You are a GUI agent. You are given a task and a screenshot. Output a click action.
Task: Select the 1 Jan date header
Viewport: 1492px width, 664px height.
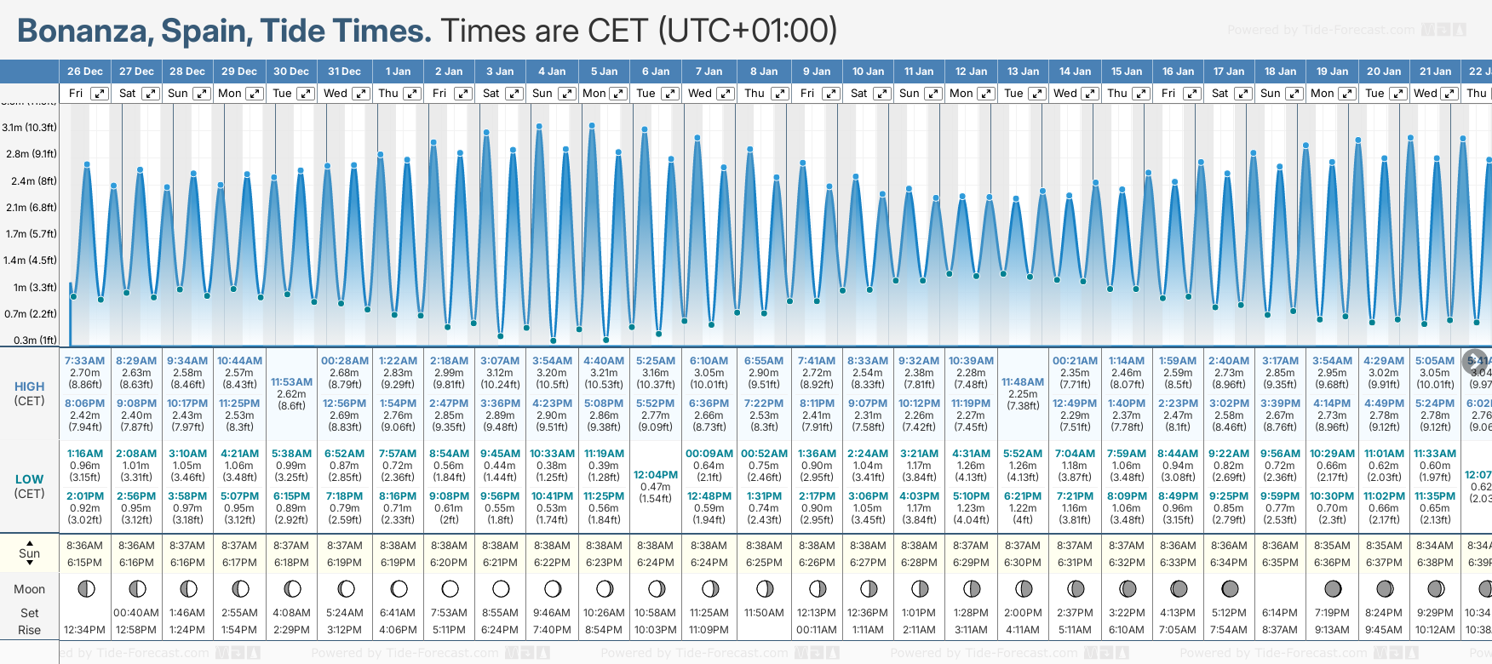click(398, 72)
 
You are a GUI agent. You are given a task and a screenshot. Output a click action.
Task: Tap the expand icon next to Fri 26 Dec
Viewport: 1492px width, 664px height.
click(100, 94)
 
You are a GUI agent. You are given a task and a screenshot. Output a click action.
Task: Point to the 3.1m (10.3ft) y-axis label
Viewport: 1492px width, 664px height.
click(29, 128)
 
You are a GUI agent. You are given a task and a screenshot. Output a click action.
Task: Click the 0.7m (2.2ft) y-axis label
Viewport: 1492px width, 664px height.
click(29, 314)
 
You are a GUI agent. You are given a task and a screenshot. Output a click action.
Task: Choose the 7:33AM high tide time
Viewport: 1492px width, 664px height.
click(84, 361)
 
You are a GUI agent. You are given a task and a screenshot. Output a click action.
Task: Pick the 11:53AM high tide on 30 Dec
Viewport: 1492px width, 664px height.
click(291, 382)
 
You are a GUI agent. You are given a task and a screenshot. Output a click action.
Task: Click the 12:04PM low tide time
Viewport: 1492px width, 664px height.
click(656, 475)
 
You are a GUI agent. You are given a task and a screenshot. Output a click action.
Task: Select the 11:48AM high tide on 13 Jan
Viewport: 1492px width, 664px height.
click(1023, 382)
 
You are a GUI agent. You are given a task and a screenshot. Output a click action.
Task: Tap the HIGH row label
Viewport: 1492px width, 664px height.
click(29, 386)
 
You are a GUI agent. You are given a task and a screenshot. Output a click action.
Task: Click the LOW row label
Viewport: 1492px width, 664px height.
click(29, 479)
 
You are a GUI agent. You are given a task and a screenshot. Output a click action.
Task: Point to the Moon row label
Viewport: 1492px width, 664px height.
click(29, 589)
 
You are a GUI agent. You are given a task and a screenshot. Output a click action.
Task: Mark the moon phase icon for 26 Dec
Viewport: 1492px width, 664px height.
click(85, 588)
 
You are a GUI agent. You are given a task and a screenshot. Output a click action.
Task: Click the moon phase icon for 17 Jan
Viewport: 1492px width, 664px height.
click(1229, 588)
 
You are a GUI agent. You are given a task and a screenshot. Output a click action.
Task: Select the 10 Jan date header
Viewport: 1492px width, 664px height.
click(868, 72)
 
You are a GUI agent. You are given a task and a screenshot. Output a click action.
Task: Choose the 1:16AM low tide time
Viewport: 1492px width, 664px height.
click(84, 454)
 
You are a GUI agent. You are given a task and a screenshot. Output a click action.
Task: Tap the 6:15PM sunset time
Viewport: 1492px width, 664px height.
click(84, 563)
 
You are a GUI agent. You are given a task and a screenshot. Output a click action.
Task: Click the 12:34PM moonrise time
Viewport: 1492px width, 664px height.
click(84, 630)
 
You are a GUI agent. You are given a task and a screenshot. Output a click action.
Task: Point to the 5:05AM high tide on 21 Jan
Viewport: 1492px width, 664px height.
click(1435, 361)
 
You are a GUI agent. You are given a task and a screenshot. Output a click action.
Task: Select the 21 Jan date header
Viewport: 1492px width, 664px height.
click(1435, 72)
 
